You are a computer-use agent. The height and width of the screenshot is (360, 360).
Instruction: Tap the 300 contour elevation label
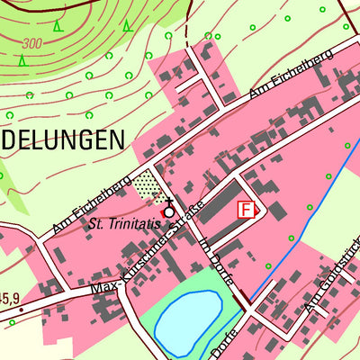coord(33,42)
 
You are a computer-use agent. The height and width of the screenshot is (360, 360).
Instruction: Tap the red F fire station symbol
coord(244,209)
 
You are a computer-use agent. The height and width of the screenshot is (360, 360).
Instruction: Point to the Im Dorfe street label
coord(219,255)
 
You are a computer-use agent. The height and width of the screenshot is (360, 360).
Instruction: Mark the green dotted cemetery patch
coord(145,184)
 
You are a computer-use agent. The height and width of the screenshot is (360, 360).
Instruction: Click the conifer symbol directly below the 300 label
coord(22,60)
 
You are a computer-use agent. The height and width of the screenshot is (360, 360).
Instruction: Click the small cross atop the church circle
coord(169,202)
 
